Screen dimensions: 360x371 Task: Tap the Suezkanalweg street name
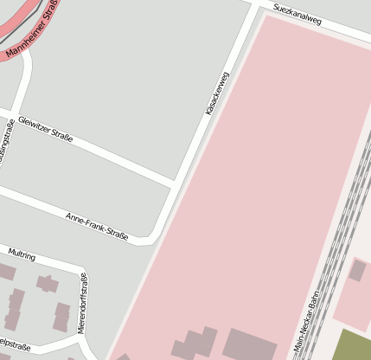(297, 15)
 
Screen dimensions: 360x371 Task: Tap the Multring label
(21, 254)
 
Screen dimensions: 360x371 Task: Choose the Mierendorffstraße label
(83, 303)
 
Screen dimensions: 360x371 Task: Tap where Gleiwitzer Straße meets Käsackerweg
(176, 183)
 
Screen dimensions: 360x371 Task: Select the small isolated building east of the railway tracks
(357, 270)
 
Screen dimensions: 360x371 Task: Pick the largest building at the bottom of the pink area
(249, 345)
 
